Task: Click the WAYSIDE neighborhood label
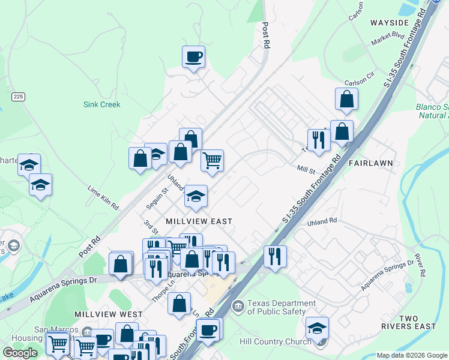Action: pos(389,23)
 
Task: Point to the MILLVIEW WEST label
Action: pos(109,314)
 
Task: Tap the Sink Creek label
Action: pos(101,104)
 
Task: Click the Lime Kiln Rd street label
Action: pos(103,197)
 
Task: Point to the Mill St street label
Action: pos(306,170)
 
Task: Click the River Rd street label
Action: pos(420,265)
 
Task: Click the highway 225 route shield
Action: pos(17,96)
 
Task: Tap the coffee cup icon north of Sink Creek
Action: pos(193,58)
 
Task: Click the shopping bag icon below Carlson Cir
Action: pos(346,100)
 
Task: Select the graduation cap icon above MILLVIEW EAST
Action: pos(196,196)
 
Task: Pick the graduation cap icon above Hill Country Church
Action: pos(317,328)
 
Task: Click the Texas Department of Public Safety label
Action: pos(282,307)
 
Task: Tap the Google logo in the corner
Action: pos(20,353)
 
